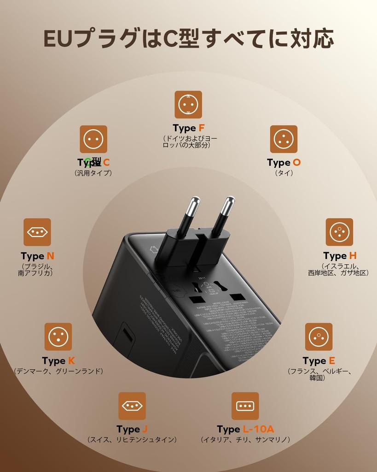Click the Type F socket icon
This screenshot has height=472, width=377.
pos(188,104)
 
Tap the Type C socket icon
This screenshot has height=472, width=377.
pos(93,139)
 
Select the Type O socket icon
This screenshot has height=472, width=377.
pos(284,139)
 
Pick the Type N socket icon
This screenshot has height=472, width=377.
pos(37,232)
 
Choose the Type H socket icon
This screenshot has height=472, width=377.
pos(339,232)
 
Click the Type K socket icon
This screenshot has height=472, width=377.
pos(58,336)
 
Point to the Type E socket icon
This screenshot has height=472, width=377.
pos(319,336)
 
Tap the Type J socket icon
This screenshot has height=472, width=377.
pos(132,406)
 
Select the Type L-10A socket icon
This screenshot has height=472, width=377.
pos(245,406)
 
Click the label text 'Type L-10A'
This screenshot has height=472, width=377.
pos(245,429)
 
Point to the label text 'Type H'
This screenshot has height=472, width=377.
pos(339,256)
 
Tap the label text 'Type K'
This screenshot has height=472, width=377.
pos(58,360)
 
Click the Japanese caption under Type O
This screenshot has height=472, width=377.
pos(284,173)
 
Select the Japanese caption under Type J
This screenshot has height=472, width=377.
pos(132,440)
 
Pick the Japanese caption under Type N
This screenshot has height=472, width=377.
pos(37,270)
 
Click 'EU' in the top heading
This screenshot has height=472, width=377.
pos(58,39)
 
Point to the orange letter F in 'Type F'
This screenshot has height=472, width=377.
pos(201,128)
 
